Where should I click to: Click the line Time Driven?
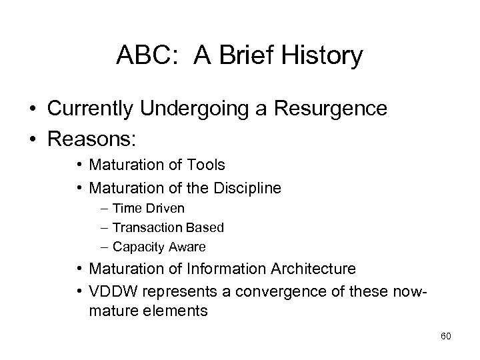click(x=148, y=209)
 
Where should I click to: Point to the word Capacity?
click(x=137, y=247)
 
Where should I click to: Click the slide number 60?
click(x=446, y=336)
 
